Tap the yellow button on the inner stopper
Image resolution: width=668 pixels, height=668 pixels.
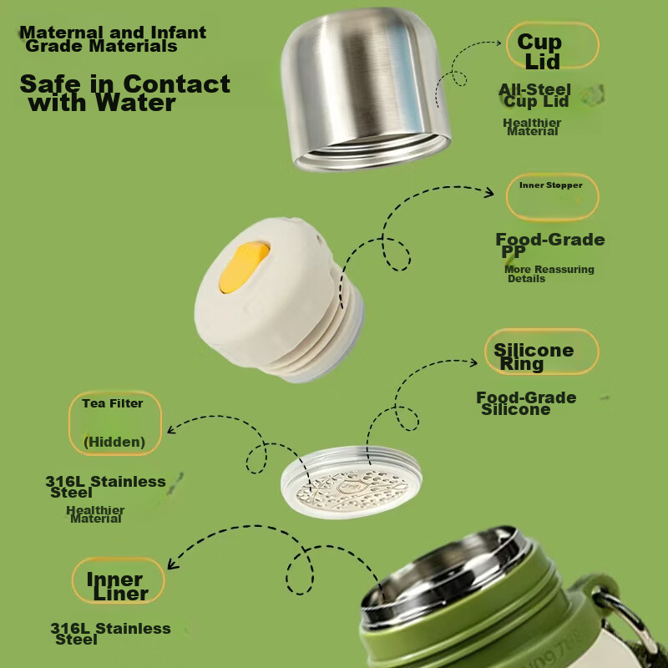244,267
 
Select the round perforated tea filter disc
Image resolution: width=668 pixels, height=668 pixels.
351,483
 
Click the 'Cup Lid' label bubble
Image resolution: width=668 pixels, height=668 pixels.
553,46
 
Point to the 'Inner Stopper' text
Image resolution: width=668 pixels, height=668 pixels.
550,185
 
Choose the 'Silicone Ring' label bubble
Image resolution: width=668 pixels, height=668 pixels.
541,352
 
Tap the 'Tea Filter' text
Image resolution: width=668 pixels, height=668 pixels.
113,403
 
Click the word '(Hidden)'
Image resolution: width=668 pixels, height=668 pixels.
114,442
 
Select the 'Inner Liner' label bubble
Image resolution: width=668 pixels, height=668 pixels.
118,580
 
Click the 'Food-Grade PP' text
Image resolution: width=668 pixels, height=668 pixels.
550,245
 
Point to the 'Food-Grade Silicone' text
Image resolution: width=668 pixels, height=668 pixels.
526,403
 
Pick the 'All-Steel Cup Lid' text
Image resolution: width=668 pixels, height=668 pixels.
534,95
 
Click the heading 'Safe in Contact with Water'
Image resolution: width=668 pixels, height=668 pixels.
124,93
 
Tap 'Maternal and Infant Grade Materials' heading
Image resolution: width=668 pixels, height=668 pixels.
113,38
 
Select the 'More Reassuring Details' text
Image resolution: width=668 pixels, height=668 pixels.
549,274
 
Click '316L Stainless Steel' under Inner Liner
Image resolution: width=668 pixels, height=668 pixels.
110,634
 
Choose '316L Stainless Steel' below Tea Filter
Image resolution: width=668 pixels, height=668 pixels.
105,487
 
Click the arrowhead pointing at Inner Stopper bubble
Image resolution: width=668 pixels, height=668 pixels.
489,192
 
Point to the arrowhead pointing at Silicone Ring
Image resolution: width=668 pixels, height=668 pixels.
473,362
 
